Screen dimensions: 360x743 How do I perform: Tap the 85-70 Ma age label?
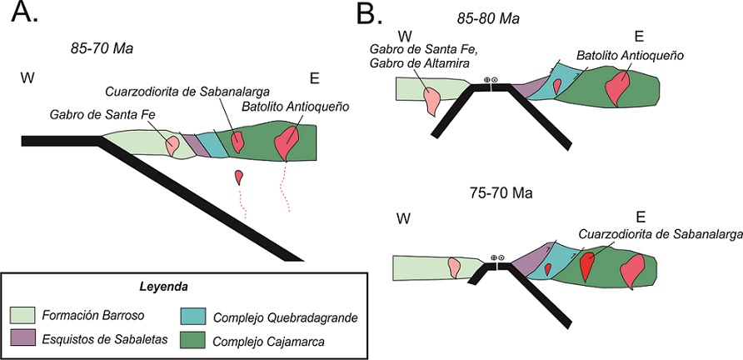pos(102,47)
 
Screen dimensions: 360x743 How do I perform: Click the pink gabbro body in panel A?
pos(173,145)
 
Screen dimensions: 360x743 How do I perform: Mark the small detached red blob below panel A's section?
pos(240,176)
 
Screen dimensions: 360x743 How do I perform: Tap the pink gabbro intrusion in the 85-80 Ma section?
pos(432,99)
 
